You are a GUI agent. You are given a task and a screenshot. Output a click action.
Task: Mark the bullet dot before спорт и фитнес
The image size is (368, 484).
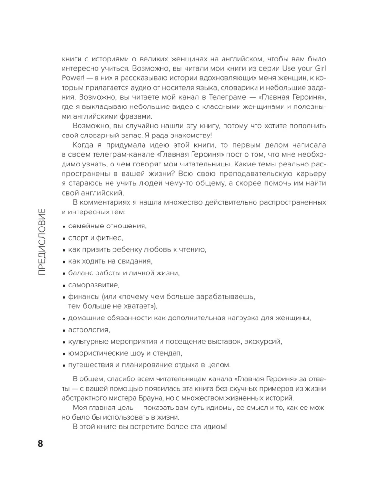pos(64,238)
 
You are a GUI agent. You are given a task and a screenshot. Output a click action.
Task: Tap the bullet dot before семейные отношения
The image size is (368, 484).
pos(64,227)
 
